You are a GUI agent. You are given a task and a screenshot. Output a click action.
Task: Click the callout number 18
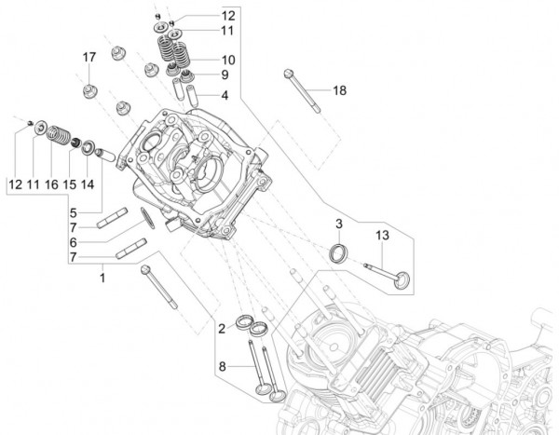[x=340, y=90]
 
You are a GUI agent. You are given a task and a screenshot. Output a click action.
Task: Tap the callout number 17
[x=89, y=58]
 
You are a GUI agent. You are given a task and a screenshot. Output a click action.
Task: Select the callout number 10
[x=228, y=59]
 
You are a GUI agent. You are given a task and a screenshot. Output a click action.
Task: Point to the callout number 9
[x=225, y=75]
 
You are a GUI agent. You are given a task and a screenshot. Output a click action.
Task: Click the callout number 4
[x=225, y=94]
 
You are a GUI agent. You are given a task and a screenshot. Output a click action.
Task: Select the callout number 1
[x=102, y=278]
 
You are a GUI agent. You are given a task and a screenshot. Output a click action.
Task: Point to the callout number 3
[x=340, y=224]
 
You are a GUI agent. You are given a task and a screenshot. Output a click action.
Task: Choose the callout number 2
[x=221, y=328]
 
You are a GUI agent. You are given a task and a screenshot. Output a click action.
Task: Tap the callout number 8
[x=221, y=366]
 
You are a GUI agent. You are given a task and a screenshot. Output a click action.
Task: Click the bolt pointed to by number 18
[x=304, y=94]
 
